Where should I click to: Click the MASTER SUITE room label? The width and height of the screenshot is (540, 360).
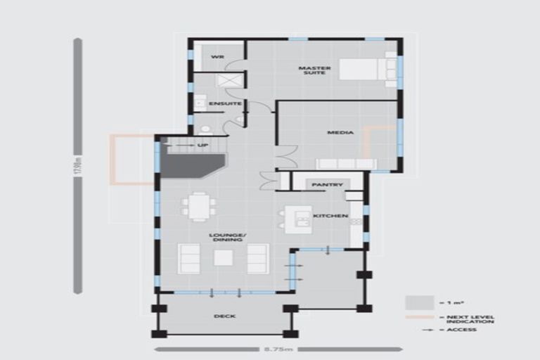pos(314,70)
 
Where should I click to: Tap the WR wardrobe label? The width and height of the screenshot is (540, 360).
pos(218,56)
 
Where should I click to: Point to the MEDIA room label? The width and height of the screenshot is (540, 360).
pos(340,132)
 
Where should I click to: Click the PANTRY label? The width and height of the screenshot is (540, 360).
pos(327,185)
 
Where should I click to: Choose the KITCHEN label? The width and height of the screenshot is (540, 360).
pos(330,216)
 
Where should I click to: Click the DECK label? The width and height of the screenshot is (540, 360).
pos(224,316)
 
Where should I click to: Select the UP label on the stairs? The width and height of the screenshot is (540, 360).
pos(203,146)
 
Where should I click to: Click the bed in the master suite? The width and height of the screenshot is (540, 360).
pos(368,70)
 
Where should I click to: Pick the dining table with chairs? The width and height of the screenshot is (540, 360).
pos(199,207)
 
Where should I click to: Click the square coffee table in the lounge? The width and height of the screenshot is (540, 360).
pos(224,258)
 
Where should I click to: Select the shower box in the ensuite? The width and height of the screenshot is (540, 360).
pos(229,80)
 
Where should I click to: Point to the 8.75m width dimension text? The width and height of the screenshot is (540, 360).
pos(278,348)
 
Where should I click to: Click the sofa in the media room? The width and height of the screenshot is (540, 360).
pos(345,163)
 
